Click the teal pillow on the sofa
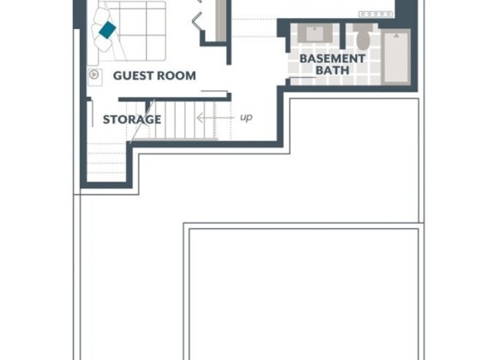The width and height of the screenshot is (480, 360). [107, 30]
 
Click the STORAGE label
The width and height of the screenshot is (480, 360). [132, 119]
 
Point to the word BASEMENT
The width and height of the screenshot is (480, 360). [333, 58]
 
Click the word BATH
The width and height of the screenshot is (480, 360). [333, 70]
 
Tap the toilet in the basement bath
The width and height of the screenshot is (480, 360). [363, 37]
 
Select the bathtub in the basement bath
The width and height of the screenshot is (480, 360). [396, 57]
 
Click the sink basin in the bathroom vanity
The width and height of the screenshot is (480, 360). [315, 34]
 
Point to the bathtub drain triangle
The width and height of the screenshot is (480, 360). [396, 36]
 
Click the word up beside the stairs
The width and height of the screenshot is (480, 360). [246, 117]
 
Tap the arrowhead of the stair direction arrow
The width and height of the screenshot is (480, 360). [201, 117]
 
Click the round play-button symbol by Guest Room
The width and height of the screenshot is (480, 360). [94, 75]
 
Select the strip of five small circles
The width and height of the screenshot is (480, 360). [375, 14]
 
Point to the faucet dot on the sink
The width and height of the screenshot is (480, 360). [315, 29]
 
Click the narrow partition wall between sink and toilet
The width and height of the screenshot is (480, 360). [343, 36]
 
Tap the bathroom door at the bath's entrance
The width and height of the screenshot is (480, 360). [303, 78]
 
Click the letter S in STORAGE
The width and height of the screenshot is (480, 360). [106, 119]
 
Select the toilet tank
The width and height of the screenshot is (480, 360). [363, 27]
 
